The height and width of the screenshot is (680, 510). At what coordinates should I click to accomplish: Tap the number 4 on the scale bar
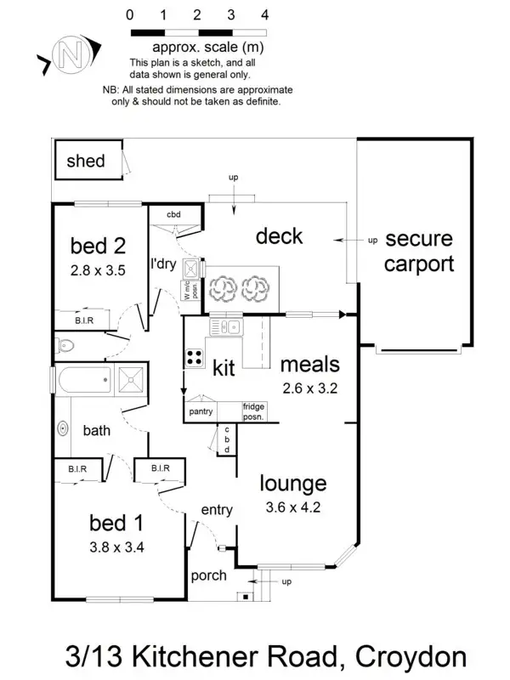pyautogui.click(x=265, y=14)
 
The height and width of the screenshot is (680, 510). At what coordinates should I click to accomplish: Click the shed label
pyautogui.click(x=86, y=161)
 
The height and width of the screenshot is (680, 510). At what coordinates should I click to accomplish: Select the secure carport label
pyautogui.click(x=418, y=251)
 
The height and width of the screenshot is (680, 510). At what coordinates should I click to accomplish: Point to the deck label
pyautogui.click(x=279, y=235)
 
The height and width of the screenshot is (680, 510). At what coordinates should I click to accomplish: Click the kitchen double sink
pyautogui.click(x=227, y=326)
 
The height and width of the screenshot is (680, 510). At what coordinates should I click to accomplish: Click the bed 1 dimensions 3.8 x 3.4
pyautogui.click(x=116, y=547)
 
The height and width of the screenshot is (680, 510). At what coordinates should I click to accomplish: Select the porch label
pyautogui.click(x=208, y=575)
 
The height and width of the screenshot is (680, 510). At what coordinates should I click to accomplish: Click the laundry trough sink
pyautogui.click(x=191, y=269)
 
